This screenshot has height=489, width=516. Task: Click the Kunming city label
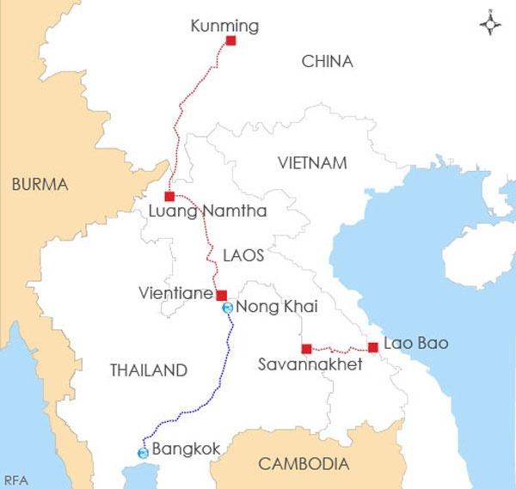pos(223,27)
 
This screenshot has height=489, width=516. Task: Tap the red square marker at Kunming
pos(230,40)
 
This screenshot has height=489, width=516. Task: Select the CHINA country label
pos(328,61)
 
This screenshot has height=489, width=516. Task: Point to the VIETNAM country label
pos(311,162)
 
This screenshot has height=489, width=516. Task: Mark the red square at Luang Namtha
pos(169,196)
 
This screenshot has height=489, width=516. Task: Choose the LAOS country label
pos(243,255)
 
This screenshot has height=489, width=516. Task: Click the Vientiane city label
pos(175,293)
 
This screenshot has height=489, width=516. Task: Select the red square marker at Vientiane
pos(221,294)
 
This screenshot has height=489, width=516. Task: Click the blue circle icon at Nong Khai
pos(227,307)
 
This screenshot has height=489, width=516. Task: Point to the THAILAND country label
pos(148,370)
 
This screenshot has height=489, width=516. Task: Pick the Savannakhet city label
pos(310,365)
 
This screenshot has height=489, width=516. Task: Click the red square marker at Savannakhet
pos(306,348)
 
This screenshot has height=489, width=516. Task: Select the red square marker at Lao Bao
pos(373,347)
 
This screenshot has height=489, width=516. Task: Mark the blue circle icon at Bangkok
pos(143,452)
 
